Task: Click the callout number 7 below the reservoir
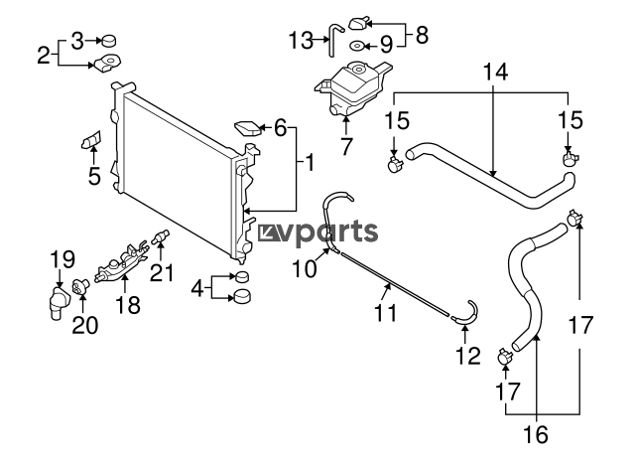[345, 147]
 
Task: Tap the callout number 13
[301, 40]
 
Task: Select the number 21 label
[162, 272]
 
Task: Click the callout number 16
[536, 434]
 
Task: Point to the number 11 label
[386, 313]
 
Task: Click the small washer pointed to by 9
[357, 47]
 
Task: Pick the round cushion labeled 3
[108, 41]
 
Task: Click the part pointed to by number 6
[247, 128]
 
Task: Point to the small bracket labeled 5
[91, 140]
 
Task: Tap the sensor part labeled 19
[58, 302]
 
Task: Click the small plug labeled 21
[161, 236]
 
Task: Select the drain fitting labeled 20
[79, 286]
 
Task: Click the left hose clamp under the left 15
[395, 163]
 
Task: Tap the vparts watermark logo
[317, 233]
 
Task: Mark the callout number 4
[197, 289]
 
